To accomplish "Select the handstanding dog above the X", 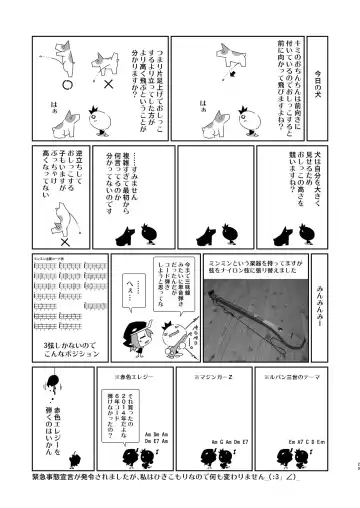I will point(63,216).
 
